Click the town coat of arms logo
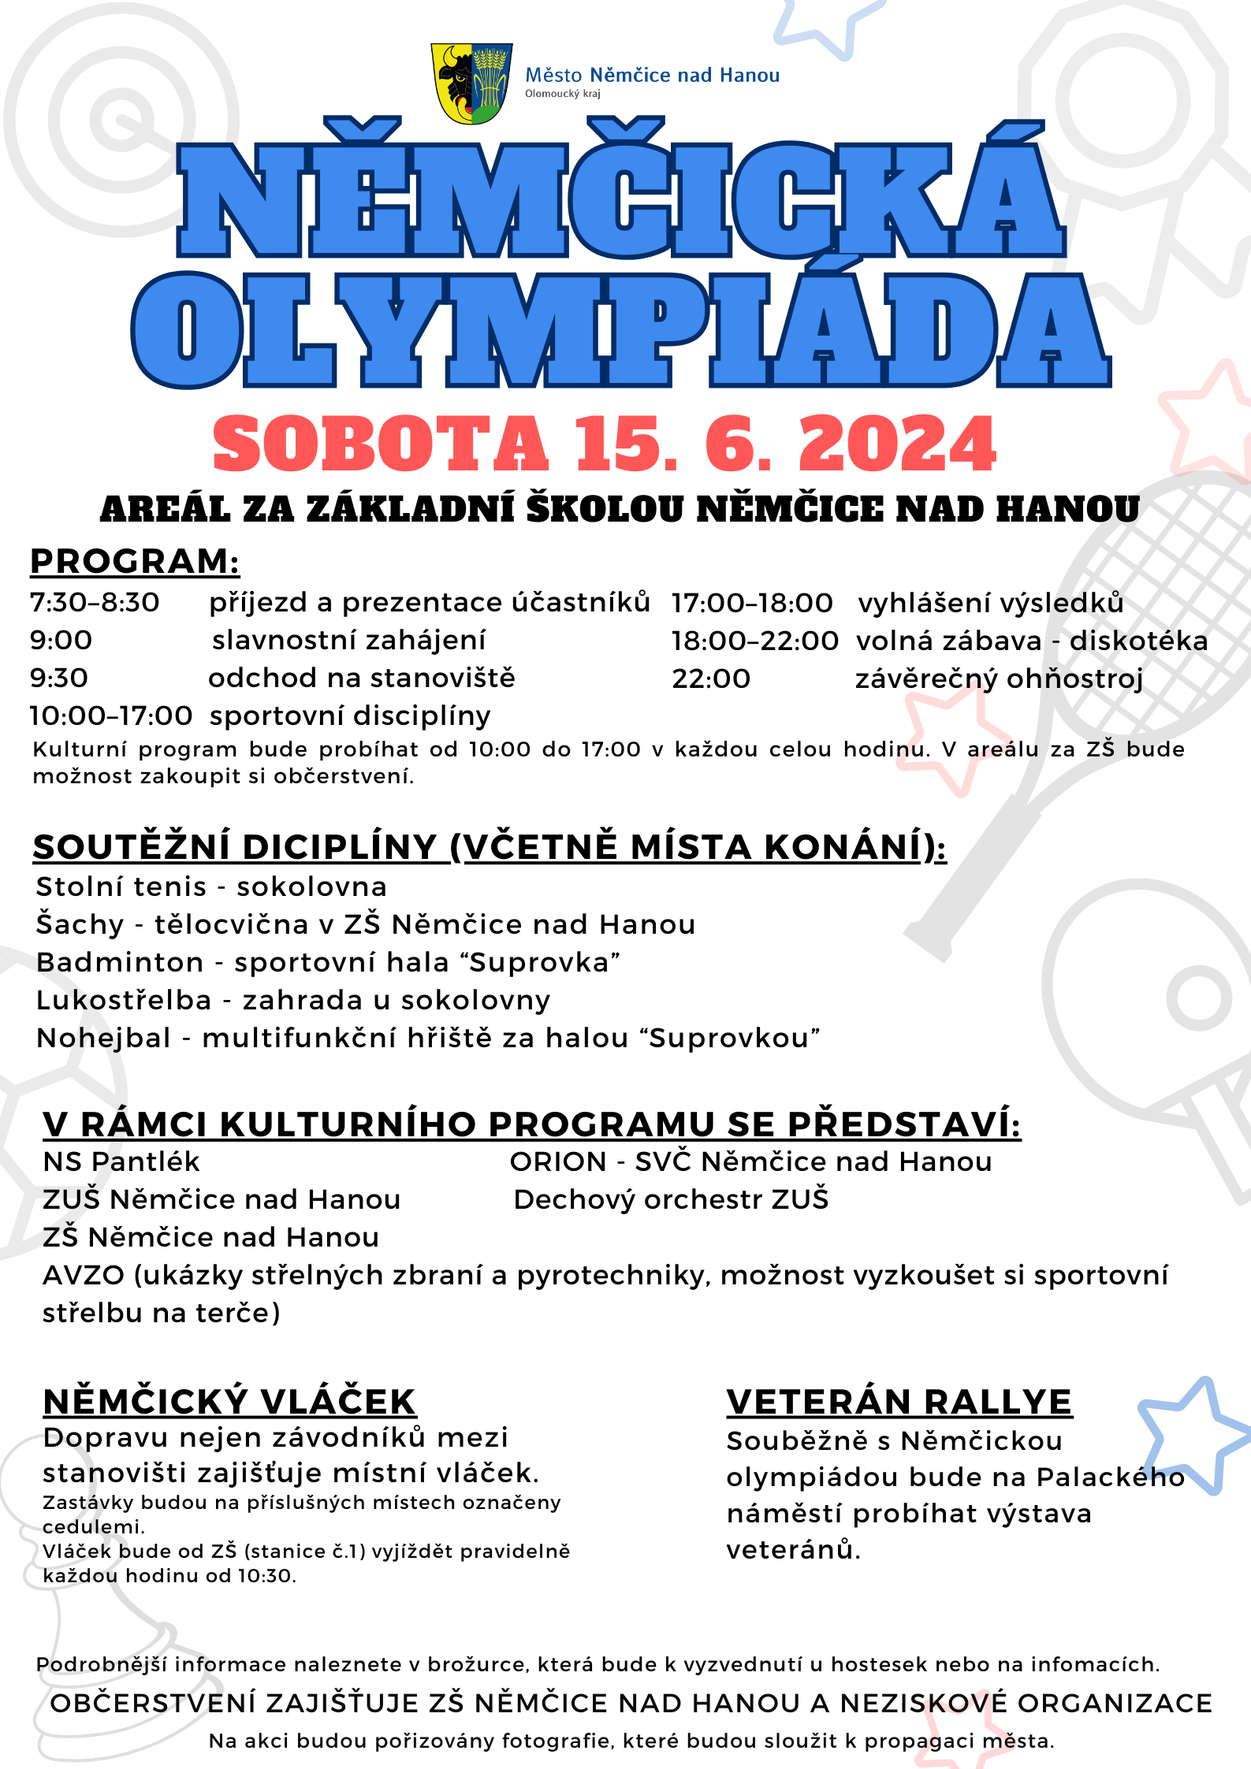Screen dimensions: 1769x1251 click(471, 83)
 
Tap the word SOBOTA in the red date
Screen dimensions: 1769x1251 click(380, 444)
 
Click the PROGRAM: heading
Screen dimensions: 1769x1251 click(135, 562)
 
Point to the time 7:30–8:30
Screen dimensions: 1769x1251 click(95, 603)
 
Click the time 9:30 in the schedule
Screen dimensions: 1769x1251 click(59, 678)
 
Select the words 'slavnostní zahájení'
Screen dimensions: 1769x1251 click(348, 641)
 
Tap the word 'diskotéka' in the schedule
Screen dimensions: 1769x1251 click(1138, 641)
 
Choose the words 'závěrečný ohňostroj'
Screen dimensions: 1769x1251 click(999, 679)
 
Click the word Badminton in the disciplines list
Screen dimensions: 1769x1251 click(120, 963)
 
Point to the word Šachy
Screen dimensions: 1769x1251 click(80, 925)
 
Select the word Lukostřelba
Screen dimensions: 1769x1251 click(124, 1001)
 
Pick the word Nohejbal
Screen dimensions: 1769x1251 click(103, 1039)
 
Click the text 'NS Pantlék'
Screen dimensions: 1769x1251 click(121, 1162)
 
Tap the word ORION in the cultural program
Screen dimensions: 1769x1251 click(558, 1162)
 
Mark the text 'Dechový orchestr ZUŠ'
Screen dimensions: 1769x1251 click(671, 1200)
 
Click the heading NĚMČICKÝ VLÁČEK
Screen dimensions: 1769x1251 click(229, 1403)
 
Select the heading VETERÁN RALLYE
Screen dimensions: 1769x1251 click(899, 1403)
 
